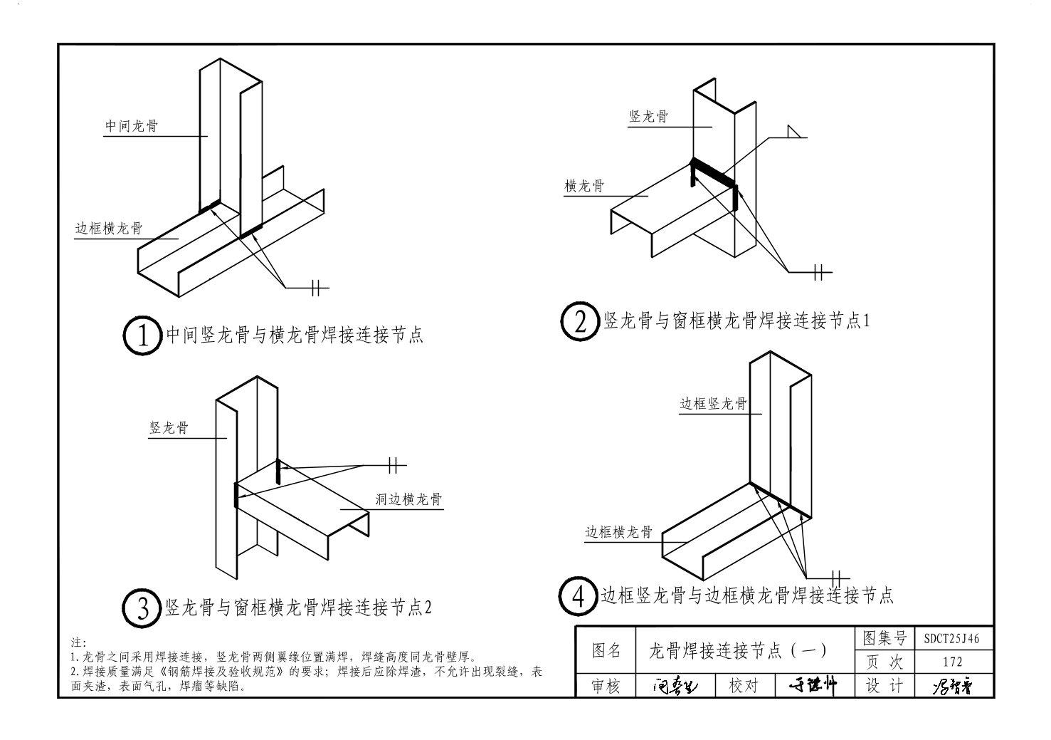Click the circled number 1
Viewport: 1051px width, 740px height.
pos(142,335)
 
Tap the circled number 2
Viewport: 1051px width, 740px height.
pos(579,322)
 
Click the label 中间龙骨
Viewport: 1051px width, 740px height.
pos(132,126)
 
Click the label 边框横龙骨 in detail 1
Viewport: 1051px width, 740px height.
pos(109,229)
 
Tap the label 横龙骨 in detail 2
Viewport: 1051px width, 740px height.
pos(584,186)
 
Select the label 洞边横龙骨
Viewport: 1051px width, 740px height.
pos(408,499)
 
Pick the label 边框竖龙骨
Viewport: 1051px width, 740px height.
pos(713,404)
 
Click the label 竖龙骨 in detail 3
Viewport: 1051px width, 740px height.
pos(169,428)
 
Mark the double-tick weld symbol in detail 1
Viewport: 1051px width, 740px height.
pos(317,287)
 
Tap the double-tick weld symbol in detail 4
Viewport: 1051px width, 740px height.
pos(837,576)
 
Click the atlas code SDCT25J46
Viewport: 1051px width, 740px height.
pos(951,639)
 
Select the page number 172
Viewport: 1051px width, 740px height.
pos(951,662)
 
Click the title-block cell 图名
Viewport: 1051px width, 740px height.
pos(606,650)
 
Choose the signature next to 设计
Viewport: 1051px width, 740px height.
pos(951,686)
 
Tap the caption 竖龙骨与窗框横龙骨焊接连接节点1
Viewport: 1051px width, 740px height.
pos(737,321)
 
